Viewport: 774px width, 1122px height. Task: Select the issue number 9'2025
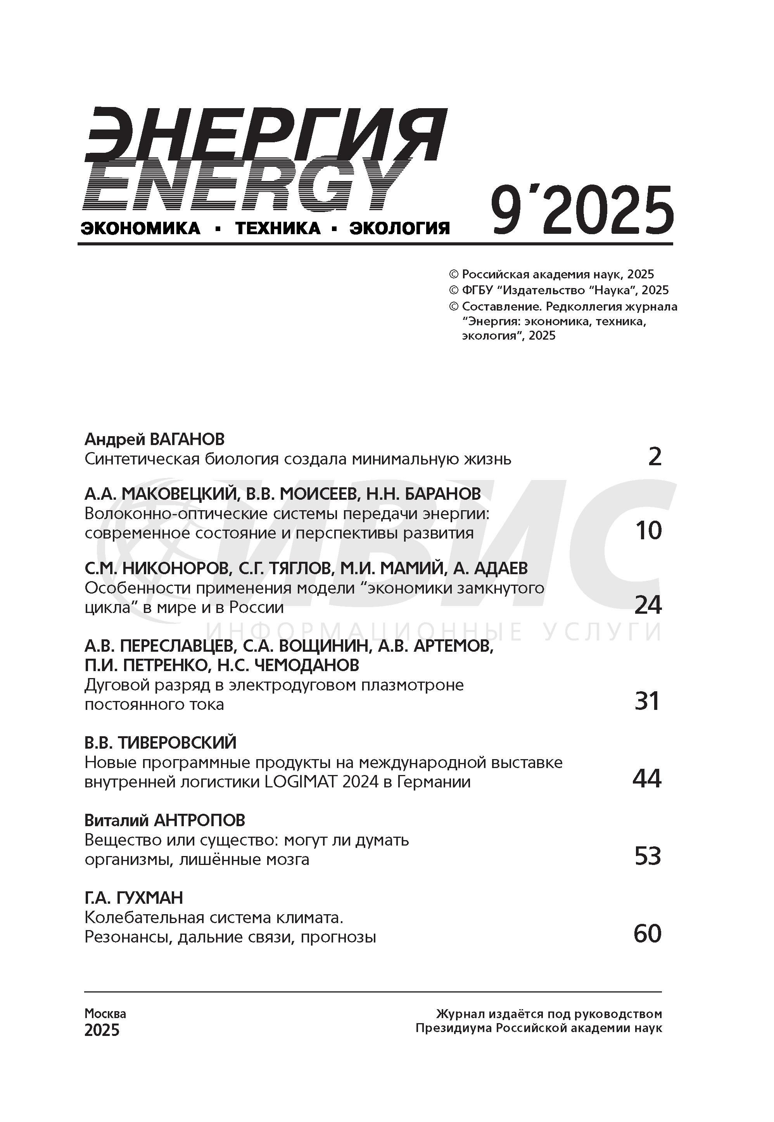pyautogui.click(x=582, y=211)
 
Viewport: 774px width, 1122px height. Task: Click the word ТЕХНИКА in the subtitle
pyautogui.click(x=278, y=228)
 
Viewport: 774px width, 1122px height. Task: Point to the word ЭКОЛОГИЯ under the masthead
pyautogui.click(x=400, y=228)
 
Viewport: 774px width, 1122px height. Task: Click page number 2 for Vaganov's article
pyautogui.click(x=655, y=457)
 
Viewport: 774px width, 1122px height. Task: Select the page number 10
pyautogui.click(x=648, y=531)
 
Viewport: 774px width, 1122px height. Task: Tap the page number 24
pyautogui.click(x=648, y=605)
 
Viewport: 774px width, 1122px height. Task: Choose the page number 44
pyautogui.click(x=647, y=779)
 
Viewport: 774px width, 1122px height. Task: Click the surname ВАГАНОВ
pyautogui.click(x=188, y=439)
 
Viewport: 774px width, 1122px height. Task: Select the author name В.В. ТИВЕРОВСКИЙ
pyautogui.click(x=161, y=743)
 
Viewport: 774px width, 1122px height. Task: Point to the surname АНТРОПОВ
pyautogui.click(x=199, y=820)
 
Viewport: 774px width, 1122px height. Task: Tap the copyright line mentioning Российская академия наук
pyautogui.click(x=552, y=274)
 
